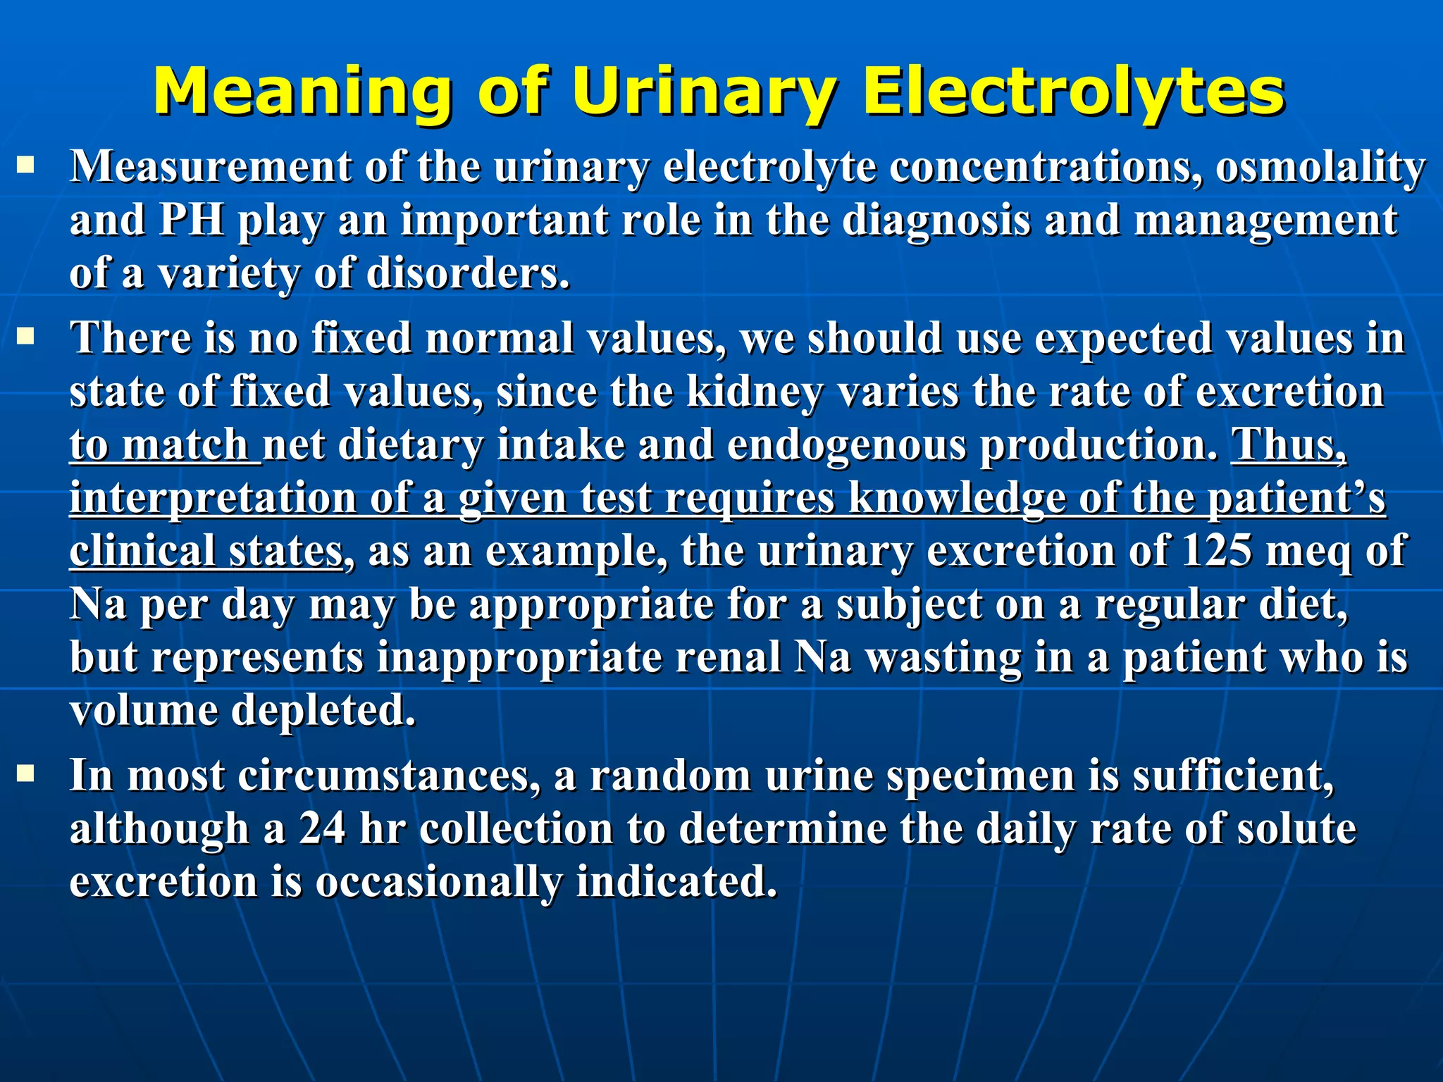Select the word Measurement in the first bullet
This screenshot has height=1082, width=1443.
click(x=211, y=168)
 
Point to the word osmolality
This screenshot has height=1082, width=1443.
click(x=1320, y=168)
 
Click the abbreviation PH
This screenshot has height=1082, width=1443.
click(x=192, y=220)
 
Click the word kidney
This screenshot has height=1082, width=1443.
click(x=754, y=392)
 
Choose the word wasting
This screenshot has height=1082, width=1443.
click(x=943, y=657)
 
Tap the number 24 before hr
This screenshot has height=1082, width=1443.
click(x=322, y=828)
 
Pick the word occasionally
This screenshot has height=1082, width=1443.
click(x=438, y=882)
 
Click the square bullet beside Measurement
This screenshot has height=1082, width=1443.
click(x=26, y=166)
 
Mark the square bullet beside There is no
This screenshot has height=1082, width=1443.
click(x=26, y=337)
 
